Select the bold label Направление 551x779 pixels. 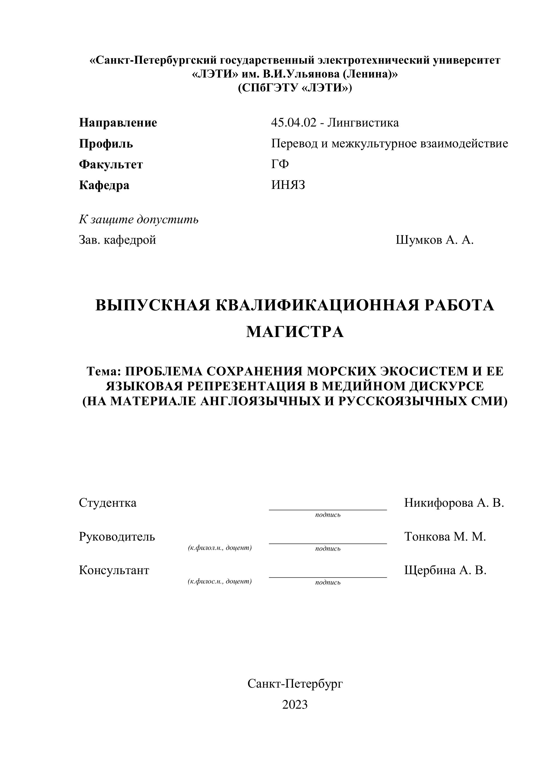118,123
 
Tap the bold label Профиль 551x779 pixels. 106,144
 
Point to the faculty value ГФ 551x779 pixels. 280,164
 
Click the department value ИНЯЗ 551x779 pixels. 288,185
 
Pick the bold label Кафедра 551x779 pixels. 104,185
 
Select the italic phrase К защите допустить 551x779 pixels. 139,220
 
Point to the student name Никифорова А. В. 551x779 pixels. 454,503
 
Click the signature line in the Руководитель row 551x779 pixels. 328,543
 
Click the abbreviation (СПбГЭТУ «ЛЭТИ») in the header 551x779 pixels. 295,88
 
